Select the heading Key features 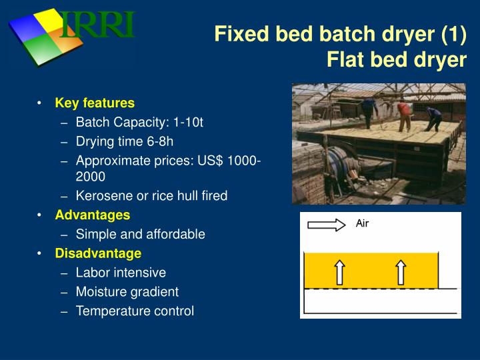tap(95, 103)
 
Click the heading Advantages tap(93, 215)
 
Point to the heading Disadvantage tap(98, 253)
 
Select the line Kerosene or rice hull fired tap(151, 196)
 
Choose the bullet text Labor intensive tap(121, 273)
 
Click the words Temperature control tap(135, 311)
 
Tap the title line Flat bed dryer tap(397, 60)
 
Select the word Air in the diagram tap(362, 224)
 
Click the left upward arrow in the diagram tap(339, 271)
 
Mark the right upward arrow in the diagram tap(401, 271)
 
